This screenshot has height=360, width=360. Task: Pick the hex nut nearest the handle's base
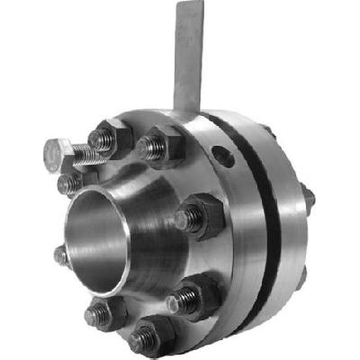tap(162, 144)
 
